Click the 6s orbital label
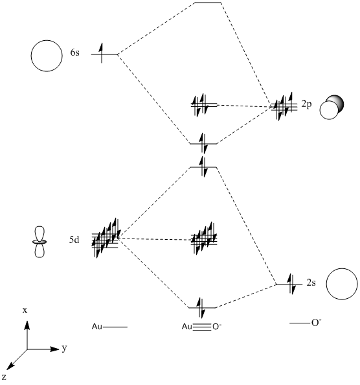point(75,52)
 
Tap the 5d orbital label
point(74,240)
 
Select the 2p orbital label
point(306,104)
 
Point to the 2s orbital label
point(311,283)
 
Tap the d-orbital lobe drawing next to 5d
point(39,242)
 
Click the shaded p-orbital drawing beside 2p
point(332,108)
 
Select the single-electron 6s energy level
point(104,54)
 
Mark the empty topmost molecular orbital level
point(208,3)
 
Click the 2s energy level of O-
point(289,285)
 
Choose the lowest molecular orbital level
point(202,307)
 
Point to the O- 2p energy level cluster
point(284,107)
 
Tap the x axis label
point(25,310)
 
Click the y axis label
point(64,348)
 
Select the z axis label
point(4,377)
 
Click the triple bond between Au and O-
point(202,327)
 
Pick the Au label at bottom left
point(97,327)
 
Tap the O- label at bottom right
point(317,322)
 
